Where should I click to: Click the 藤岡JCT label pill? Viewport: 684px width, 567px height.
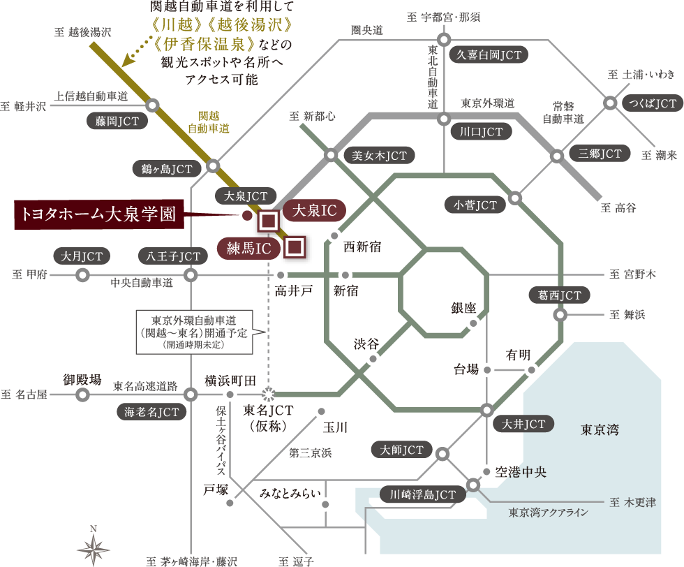coord(117,121)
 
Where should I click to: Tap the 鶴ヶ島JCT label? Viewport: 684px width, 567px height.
coord(167,168)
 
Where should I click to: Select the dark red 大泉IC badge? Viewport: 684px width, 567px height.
coord(315,210)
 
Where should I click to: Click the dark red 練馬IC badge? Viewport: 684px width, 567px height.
coord(249,249)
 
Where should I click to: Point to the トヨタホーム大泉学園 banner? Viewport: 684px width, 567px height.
coord(99,214)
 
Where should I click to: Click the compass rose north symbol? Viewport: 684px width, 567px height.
coord(94,547)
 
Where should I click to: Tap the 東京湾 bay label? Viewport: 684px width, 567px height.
coord(600,430)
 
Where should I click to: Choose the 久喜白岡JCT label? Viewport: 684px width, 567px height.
coord(489,55)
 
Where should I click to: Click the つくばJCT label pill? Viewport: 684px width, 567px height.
coord(652,103)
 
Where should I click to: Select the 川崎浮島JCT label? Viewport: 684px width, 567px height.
coord(422,494)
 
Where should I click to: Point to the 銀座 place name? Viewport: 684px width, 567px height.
coord(463,308)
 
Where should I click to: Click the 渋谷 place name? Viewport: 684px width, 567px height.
coord(366,344)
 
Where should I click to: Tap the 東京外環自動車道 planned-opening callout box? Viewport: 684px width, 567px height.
coord(195,332)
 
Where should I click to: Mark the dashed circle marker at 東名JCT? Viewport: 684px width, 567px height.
coord(269,394)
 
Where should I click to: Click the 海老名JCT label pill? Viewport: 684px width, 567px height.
coord(151,411)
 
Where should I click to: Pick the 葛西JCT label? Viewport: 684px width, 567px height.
coord(559,295)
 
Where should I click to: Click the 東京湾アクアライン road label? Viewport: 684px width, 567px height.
coord(549,513)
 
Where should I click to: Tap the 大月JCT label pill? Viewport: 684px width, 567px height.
coord(82,256)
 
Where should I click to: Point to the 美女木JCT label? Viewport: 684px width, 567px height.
coord(379,156)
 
